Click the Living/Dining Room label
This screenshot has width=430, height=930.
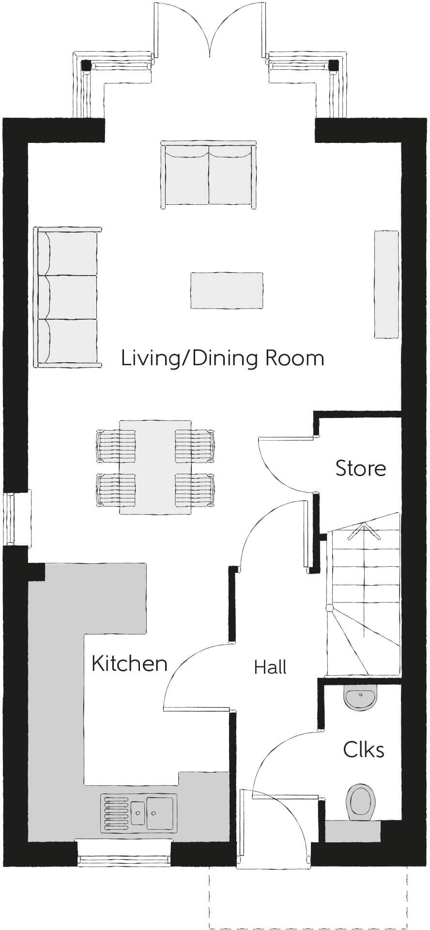click(222, 359)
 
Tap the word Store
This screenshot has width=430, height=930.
click(361, 468)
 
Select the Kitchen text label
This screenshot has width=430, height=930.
click(129, 664)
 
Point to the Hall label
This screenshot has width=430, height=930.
click(270, 667)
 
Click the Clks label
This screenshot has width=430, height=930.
click(364, 750)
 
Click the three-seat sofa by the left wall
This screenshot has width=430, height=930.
click(66, 297)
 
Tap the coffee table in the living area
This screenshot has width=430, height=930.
click(227, 290)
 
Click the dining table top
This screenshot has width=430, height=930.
click(155, 467)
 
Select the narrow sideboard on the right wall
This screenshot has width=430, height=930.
click(386, 284)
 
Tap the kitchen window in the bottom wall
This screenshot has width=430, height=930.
click(124, 860)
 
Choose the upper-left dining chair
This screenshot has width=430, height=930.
click(116, 445)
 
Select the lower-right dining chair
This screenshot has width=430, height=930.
click(194, 490)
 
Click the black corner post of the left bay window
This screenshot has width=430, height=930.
click(86, 65)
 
